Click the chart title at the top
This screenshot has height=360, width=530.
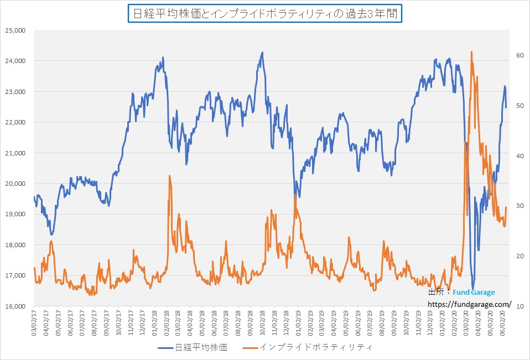click(265, 13)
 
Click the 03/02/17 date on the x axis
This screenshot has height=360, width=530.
click(34, 323)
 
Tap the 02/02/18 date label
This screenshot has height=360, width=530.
click(167, 323)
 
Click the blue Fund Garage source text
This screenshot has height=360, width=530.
click(474, 293)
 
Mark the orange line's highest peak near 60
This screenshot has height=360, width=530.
click(471, 52)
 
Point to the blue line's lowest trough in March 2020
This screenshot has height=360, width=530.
click(473, 288)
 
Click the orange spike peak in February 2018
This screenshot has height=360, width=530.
click(169, 175)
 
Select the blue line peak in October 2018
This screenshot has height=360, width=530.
click(262, 53)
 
